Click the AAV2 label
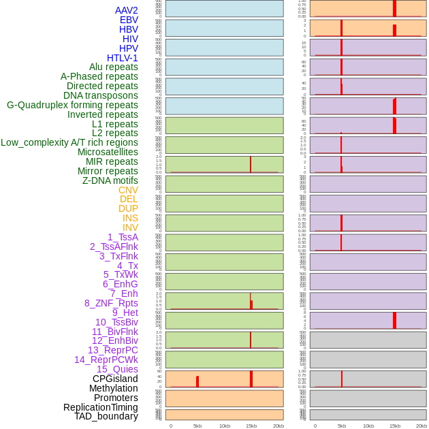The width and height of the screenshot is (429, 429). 127,10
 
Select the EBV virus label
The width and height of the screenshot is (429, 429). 129,20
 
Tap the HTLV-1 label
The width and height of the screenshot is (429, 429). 123,58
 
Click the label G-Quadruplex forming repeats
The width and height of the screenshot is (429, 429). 72,105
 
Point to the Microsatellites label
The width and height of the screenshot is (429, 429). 108,152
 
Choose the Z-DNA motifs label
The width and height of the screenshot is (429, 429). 110,180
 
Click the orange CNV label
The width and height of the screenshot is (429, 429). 128,190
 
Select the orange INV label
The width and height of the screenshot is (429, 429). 130,227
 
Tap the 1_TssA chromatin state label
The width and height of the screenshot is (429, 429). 123,237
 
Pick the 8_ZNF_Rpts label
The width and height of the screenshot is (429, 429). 111,303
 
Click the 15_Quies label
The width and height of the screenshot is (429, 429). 117,369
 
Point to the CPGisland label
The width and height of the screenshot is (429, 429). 115,379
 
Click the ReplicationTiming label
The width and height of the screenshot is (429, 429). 101,407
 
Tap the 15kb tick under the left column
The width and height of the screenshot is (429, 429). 251,426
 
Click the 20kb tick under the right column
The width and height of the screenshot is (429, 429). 422,426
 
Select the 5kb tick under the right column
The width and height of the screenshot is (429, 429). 342,426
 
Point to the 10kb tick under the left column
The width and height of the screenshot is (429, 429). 225,426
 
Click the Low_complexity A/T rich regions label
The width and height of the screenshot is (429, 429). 69,142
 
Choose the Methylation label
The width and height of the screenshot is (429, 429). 114,388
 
